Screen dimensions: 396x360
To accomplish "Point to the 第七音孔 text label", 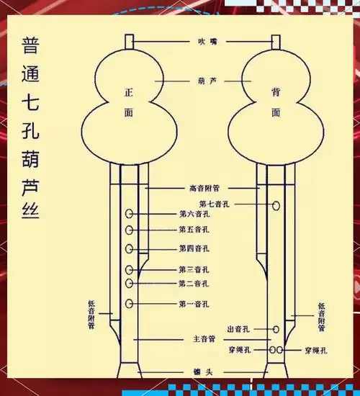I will (215, 204).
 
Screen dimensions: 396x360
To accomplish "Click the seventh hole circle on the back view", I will (276, 205).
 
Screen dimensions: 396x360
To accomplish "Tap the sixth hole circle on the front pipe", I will (129, 214).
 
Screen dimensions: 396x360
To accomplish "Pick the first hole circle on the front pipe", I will (129, 303).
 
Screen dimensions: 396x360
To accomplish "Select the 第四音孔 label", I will (194, 248).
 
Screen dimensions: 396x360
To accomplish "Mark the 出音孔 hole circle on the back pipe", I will (276, 329).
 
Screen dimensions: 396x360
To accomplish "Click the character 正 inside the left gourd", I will (130, 94).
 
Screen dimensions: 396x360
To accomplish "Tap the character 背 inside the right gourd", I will (276, 94).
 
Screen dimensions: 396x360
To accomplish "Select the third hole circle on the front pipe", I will (129, 269).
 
